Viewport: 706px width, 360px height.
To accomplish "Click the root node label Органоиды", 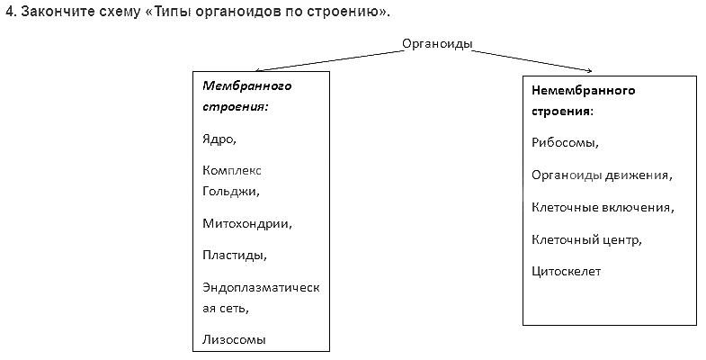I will [x=437, y=45].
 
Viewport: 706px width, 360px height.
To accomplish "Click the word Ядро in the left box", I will [x=219, y=139].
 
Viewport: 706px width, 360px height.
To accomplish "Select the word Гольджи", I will [x=230, y=191].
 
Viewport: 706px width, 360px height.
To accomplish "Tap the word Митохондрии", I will [x=247, y=223].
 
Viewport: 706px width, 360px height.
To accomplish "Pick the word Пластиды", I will [x=235, y=255].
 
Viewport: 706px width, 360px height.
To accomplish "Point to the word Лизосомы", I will [x=235, y=339].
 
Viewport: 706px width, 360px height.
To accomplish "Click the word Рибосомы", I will [x=565, y=142].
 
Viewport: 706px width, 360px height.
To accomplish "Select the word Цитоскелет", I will [x=566, y=271].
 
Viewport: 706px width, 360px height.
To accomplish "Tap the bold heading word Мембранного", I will [x=248, y=86].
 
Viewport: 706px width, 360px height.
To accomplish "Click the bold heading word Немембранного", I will [x=583, y=91].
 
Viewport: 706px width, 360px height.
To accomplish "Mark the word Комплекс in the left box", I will [x=232, y=169].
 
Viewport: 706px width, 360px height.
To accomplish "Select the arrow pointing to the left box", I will [x=327, y=60].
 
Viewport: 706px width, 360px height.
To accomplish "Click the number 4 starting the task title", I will [x=8, y=11].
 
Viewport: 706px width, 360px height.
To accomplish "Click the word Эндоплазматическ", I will [x=261, y=286].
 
